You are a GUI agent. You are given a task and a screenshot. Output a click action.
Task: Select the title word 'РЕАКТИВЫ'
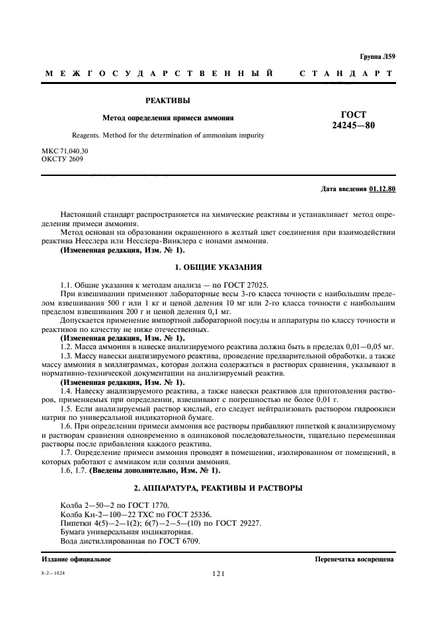pos(167,101)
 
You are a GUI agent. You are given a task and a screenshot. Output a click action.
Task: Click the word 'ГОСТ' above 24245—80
pos(352,114)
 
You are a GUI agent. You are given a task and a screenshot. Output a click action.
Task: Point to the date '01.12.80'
pos(382,189)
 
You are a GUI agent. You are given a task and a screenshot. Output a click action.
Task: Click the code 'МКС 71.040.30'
pos(65,151)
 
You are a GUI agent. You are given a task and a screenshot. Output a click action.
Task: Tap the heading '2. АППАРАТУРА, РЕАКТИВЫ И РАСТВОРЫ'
pos(218,487)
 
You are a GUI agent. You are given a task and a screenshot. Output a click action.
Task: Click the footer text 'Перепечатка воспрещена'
pos(354,559)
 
